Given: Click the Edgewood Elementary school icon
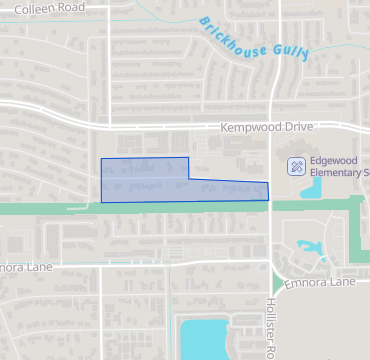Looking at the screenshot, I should pos(296,165).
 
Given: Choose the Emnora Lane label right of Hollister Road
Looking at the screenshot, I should pos(321,283).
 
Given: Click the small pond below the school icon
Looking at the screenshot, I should pos(310,188).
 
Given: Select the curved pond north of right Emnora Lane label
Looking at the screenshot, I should pos(311,248).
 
